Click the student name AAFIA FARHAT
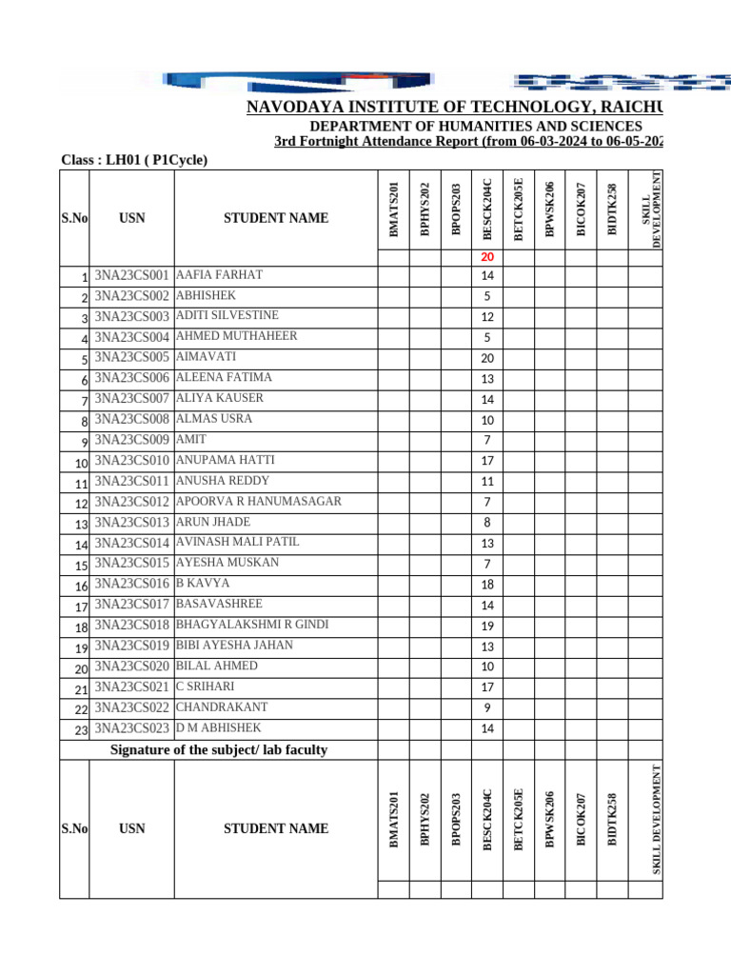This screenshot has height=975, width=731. click(x=220, y=275)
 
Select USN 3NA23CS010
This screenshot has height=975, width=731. click(x=132, y=461)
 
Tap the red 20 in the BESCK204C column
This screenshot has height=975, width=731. click(x=487, y=257)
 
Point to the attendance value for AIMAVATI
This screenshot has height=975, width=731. click(x=487, y=358)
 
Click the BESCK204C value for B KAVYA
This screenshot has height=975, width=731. click(x=487, y=585)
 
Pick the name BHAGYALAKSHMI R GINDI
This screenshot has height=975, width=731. click(x=252, y=625)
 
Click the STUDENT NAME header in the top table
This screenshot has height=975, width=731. click(x=276, y=218)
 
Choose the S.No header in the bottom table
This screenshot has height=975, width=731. click(x=74, y=828)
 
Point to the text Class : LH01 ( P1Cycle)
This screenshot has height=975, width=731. click(x=134, y=160)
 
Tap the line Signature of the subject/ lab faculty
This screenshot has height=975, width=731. click(x=219, y=750)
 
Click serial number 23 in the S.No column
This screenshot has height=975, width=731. click(x=81, y=729)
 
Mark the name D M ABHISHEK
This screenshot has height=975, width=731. click(x=219, y=727)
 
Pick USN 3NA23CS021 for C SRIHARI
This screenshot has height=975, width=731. click(x=132, y=686)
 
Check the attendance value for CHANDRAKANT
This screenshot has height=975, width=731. click(x=487, y=708)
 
